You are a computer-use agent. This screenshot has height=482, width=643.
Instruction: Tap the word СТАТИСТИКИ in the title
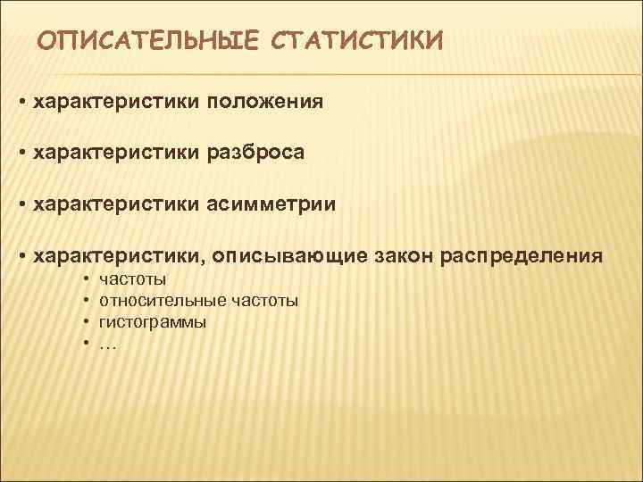point(356,41)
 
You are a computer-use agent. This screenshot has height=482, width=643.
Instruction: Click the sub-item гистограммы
point(153,322)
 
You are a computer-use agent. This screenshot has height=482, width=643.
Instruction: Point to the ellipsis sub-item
point(108,342)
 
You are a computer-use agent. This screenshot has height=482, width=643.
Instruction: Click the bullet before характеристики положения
point(21,103)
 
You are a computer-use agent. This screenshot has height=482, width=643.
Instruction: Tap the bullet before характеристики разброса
point(21,154)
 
